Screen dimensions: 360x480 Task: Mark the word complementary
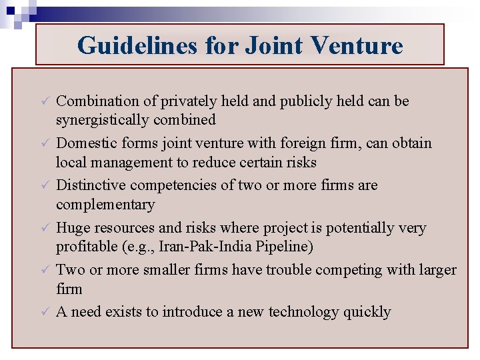[105, 205]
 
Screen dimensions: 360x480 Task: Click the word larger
[436, 270]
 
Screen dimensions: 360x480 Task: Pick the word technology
[303, 312]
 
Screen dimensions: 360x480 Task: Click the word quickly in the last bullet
[367, 312]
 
